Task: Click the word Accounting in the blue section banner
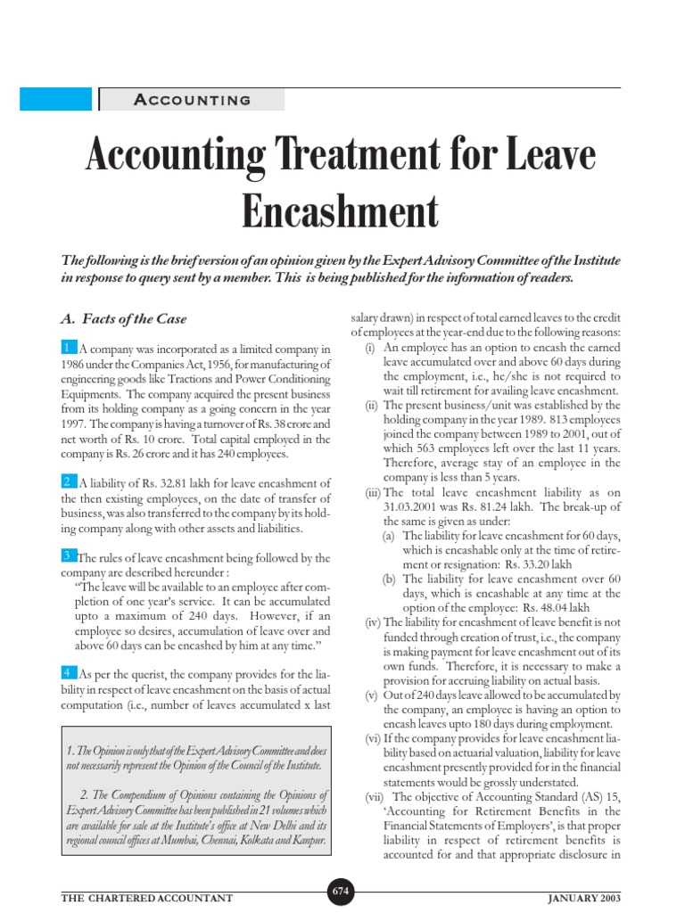(192, 100)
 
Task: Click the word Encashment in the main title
(342, 212)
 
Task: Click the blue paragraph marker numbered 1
(68, 347)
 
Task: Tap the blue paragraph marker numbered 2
(68, 481)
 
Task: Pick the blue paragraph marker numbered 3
(68, 555)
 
